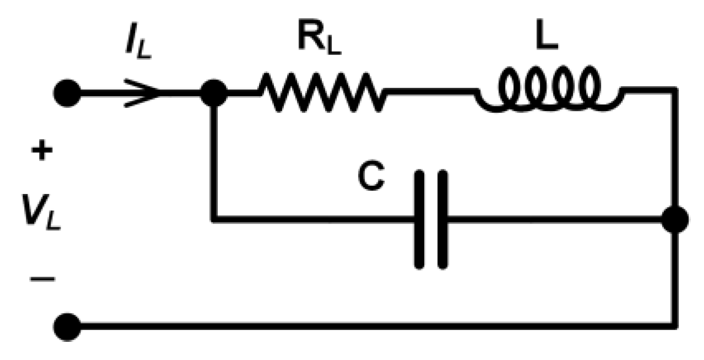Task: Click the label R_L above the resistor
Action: coord(320,40)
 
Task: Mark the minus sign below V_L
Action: coord(42,279)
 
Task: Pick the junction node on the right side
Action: coord(674,220)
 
